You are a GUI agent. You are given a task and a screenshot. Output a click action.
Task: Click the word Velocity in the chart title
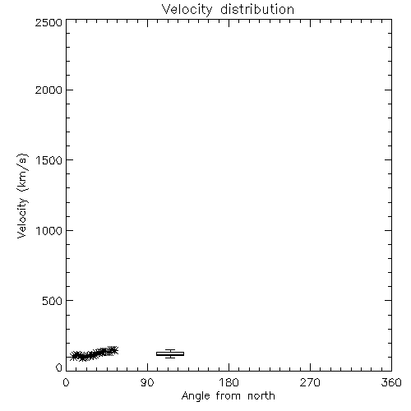coord(187,10)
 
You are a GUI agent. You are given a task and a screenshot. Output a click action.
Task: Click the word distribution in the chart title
coord(257,9)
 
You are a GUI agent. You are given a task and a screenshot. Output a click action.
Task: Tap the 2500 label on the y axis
coord(48,22)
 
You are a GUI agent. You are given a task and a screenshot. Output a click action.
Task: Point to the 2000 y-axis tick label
coord(48,90)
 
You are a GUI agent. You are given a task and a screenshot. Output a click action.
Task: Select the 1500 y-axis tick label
coord(49,160)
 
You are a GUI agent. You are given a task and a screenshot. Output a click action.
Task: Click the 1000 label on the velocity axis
coord(49,230)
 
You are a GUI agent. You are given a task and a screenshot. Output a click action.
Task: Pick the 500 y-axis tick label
coord(53,301)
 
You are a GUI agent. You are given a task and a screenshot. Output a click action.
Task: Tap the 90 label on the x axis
coord(147,382)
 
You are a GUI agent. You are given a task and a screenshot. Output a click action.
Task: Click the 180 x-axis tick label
coord(229,382)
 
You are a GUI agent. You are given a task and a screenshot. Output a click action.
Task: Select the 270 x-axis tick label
coord(310,382)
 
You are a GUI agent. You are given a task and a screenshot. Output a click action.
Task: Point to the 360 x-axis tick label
coord(391,382)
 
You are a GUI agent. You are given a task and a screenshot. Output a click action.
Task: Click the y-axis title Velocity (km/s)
coord(22,196)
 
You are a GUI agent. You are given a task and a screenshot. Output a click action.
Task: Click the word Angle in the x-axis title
coord(196,396)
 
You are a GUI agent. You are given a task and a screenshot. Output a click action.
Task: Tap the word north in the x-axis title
coord(261,395)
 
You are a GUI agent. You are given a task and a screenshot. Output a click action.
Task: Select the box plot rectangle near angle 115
coord(170,353)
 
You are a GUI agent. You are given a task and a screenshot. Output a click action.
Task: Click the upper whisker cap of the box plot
coord(170,350)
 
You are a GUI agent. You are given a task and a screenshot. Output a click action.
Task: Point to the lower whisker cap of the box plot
coord(170,358)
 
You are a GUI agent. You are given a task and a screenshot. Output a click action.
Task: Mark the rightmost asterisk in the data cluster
coord(113,350)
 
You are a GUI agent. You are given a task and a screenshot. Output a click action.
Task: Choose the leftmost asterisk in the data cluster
coord(74,357)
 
